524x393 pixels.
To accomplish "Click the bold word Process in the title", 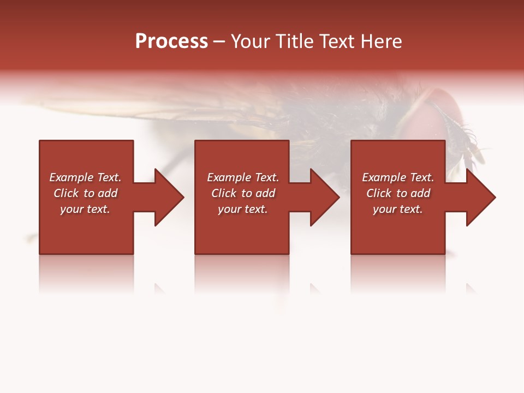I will (x=171, y=41).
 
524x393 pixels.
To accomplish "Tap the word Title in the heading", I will (x=294, y=41).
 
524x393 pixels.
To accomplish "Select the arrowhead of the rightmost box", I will (x=480, y=197).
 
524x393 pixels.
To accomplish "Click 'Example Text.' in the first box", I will (x=85, y=177).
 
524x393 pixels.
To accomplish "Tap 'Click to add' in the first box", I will (x=85, y=193).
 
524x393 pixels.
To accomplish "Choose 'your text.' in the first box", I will (x=85, y=209).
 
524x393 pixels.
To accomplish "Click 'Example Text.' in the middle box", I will (x=242, y=177).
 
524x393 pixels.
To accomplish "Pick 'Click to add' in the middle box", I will (x=242, y=193).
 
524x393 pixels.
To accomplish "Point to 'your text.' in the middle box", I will (x=242, y=209).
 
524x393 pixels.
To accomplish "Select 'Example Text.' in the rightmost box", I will (x=398, y=177).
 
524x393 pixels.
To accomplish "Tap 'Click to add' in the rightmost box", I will (x=398, y=193).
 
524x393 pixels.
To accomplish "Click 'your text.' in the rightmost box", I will (x=398, y=209).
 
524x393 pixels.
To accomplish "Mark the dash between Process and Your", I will (x=219, y=42).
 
